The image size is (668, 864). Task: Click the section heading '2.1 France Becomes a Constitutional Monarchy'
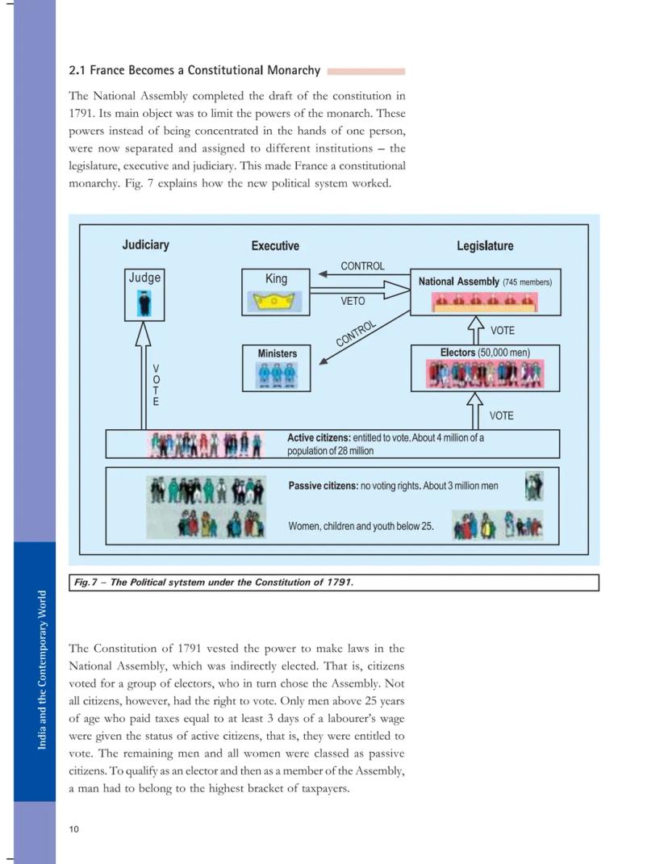coord(194,70)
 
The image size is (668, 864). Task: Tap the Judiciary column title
coord(145,244)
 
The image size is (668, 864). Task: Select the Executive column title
coord(275,246)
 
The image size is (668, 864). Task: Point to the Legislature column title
coord(485,246)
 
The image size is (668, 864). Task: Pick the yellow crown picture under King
coord(276,303)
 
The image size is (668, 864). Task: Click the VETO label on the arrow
coord(353,301)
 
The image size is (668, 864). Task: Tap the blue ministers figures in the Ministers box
coord(277,375)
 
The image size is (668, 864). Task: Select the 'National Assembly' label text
coord(458,282)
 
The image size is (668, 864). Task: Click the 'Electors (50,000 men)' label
coord(485,353)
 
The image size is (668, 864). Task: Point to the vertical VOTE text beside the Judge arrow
coord(156,385)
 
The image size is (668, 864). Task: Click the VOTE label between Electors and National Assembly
coord(502,331)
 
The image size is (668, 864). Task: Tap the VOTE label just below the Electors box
coord(501,415)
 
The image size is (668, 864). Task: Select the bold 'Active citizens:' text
coord(319,438)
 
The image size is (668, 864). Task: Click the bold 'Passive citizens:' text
coord(323,486)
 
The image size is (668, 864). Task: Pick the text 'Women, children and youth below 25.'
coord(361,526)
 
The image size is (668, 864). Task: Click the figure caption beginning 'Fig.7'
coord(214,582)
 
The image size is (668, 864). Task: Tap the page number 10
coord(73,829)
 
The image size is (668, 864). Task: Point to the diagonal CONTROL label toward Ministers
coord(356,333)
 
